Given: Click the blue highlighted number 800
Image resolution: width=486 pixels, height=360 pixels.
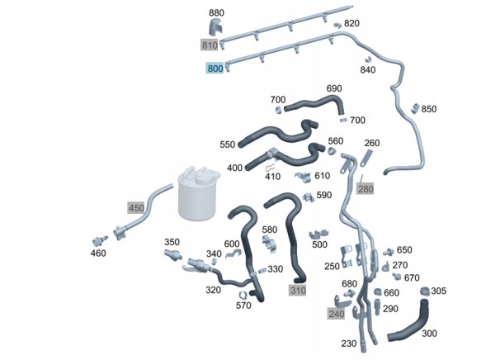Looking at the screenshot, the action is [x=215, y=69].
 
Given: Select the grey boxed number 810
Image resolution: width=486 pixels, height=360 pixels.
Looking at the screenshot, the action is [x=210, y=45].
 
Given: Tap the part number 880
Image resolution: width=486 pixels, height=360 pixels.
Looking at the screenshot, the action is [x=216, y=13].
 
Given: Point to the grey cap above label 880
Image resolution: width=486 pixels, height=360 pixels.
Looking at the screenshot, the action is [x=216, y=26].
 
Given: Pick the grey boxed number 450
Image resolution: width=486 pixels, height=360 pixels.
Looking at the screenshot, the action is [x=136, y=208].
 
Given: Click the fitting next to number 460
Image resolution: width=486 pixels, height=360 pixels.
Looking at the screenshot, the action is [x=100, y=240].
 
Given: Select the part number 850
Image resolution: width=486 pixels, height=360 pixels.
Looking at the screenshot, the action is [x=429, y=109].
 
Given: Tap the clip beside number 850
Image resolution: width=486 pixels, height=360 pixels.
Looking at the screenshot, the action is [x=415, y=108].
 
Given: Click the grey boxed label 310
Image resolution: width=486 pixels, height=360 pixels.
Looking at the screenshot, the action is [x=298, y=291].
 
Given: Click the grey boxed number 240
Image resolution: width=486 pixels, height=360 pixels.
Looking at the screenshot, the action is [x=337, y=314].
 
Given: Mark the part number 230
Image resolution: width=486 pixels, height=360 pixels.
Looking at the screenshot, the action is [x=348, y=343].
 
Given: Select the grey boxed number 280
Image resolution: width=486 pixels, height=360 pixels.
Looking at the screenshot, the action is [x=366, y=188].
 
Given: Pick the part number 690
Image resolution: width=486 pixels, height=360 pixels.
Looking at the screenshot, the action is [x=334, y=88].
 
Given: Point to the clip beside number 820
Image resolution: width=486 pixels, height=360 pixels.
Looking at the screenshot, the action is [x=337, y=25].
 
